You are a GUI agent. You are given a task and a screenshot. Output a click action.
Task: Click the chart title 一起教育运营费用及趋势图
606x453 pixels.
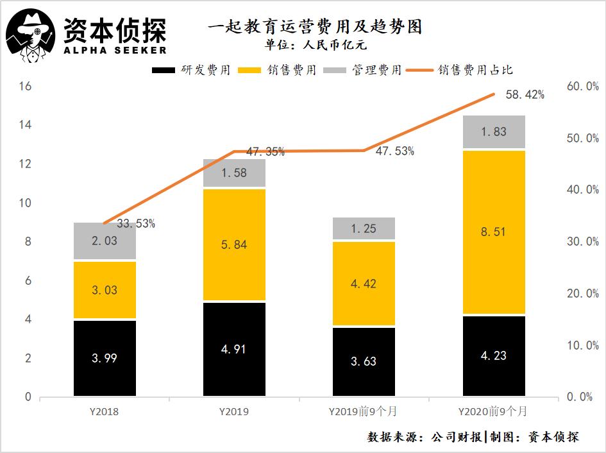click(315, 28)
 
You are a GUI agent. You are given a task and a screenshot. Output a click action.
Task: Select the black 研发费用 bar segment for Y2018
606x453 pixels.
click(105, 358)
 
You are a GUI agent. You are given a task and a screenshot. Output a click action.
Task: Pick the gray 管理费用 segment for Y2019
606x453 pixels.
click(234, 173)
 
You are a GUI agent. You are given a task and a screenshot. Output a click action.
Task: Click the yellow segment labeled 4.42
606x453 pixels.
click(364, 284)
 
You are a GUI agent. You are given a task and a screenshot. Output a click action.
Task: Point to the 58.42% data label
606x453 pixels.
click(525, 95)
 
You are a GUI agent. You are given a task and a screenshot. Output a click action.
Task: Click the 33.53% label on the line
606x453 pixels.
click(135, 224)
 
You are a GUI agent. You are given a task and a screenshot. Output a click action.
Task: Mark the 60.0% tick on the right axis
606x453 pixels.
click(582, 86)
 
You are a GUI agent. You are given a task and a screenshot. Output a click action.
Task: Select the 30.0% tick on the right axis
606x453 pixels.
click(582, 242)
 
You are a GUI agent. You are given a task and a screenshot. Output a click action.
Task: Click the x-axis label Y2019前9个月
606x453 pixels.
click(364, 411)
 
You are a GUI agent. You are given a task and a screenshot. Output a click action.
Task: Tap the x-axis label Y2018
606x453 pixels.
click(105, 411)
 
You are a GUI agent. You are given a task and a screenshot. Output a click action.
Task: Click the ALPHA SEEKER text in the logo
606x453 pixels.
click(115, 50)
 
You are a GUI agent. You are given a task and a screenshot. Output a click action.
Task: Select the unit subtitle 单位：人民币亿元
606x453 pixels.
click(315, 46)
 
